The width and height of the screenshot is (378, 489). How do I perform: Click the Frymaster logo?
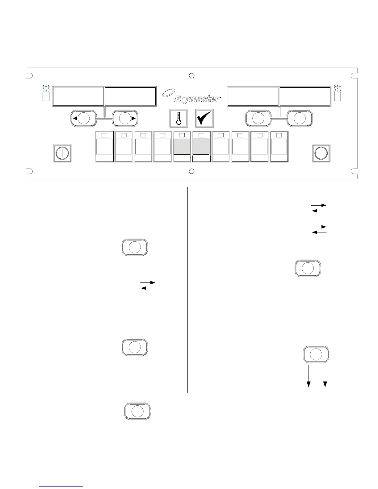[191, 96]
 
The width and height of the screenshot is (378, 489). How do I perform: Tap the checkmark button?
[204, 118]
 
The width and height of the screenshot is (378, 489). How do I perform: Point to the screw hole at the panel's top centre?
[191, 76]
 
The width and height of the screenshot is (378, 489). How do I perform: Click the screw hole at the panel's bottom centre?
[191, 171]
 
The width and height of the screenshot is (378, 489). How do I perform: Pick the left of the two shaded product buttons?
[182, 147]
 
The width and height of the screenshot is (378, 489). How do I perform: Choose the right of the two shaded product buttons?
[201, 147]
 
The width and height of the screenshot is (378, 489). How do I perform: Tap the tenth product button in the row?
[279, 147]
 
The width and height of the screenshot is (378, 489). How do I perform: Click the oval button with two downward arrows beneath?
[316, 354]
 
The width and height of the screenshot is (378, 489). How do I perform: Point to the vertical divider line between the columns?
[188, 290]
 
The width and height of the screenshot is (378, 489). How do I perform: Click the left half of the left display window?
[78, 96]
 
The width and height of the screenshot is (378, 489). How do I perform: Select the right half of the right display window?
[304, 96]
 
